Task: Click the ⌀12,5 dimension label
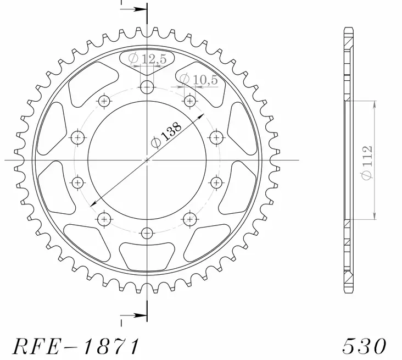click(147, 60)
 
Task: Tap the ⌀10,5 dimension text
click(199, 80)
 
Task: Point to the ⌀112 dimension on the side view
click(367, 160)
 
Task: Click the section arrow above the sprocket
click(133, 10)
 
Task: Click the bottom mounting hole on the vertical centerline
click(147, 233)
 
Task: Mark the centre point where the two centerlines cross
click(147, 160)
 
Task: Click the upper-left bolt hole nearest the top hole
click(104, 101)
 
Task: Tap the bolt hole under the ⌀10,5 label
click(189, 101)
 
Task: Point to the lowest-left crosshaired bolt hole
click(104, 219)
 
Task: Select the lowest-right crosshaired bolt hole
click(189, 219)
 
